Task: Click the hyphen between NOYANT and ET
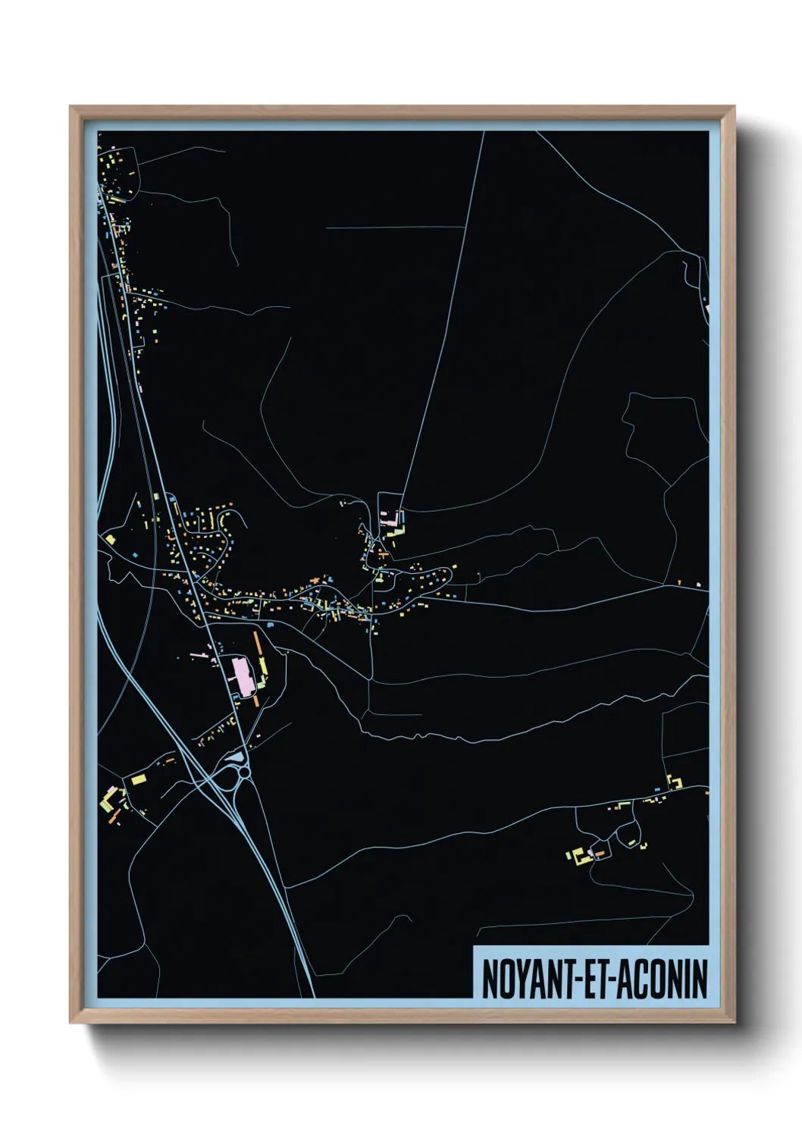click(x=578, y=980)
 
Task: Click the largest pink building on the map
click(x=243, y=675)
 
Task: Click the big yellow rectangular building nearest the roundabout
click(x=138, y=779)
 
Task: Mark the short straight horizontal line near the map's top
click(x=394, y=227)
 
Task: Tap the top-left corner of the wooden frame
click(x=70, y=107)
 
